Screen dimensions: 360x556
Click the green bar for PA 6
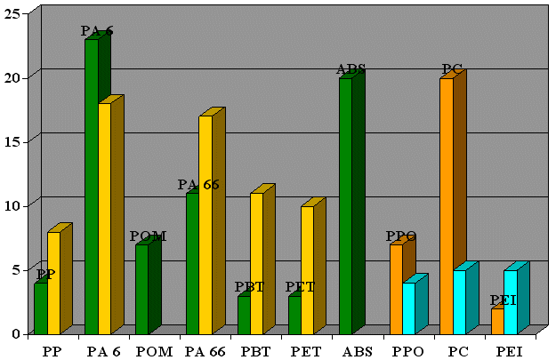(x=92, y=187)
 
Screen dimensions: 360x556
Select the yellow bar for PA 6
(x=104, y=218)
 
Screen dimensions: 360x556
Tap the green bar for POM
(x=141, y=288)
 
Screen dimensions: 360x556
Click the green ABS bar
(x=345, y=205)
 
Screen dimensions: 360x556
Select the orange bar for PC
(x=447, y=205)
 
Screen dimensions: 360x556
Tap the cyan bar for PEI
(x=511, y=301)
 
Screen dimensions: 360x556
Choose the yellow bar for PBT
(x=256, y=262)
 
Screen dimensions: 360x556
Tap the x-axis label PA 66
(x=205, y=350)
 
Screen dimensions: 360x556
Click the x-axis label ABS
(x=357, y=350)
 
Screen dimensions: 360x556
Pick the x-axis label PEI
(x=510, y=350)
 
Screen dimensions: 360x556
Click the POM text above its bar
(x=148, y=236)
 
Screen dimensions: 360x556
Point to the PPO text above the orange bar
(x=401, y=236)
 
